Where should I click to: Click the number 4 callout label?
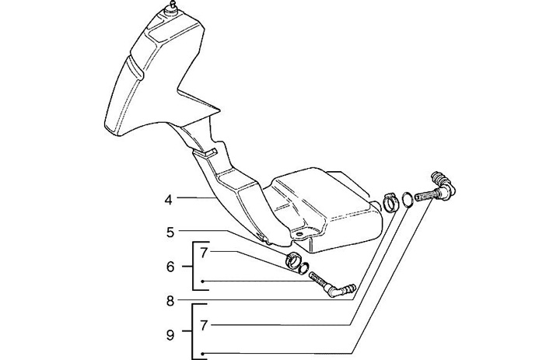tap(168, 200)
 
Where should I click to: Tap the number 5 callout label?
tap(169, 231)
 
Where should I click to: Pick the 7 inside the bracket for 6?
tap(204, 253)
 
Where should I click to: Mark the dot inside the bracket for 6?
tap(203, 281)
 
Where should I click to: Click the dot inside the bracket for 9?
tap(203, 354)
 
